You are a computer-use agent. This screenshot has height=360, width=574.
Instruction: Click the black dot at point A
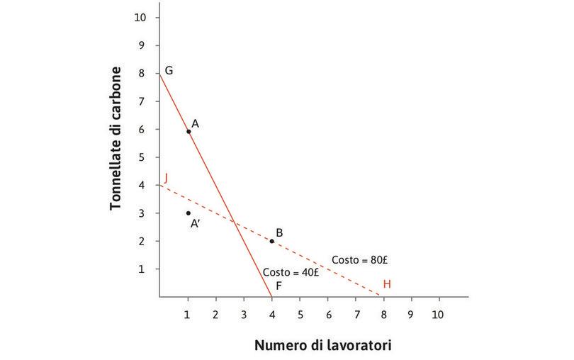pos(188,131)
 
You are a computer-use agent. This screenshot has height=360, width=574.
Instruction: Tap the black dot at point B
pos(271,241)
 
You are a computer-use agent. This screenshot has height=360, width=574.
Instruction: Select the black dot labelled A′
pos(188,213)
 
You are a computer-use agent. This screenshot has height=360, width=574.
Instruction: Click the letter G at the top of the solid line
pos(169,71)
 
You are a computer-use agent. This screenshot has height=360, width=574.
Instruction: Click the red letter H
pos(387,284)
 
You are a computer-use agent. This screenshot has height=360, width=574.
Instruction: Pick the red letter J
pos(165,178)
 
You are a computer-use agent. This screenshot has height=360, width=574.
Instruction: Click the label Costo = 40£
pos(291,272)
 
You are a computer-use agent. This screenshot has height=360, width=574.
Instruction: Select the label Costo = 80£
pos(361,260)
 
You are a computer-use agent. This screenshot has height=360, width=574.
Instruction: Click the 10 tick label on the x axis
pos(438,313)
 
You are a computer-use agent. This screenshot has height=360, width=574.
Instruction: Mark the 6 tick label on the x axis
pos(327,313)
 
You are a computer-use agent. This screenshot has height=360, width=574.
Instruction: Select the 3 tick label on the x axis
pos(243,313)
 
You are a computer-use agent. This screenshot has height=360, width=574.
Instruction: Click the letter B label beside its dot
pos(280,232)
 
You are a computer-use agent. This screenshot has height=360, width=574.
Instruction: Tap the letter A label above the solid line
pos(195,123)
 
